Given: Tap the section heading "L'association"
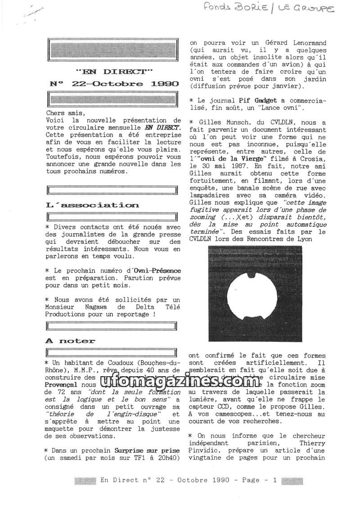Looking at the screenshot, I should click(x=92, y=205).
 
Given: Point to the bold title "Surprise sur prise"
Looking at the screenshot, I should click(x=148, y=450).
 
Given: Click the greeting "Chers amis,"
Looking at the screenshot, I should click(x=65, y=113).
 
